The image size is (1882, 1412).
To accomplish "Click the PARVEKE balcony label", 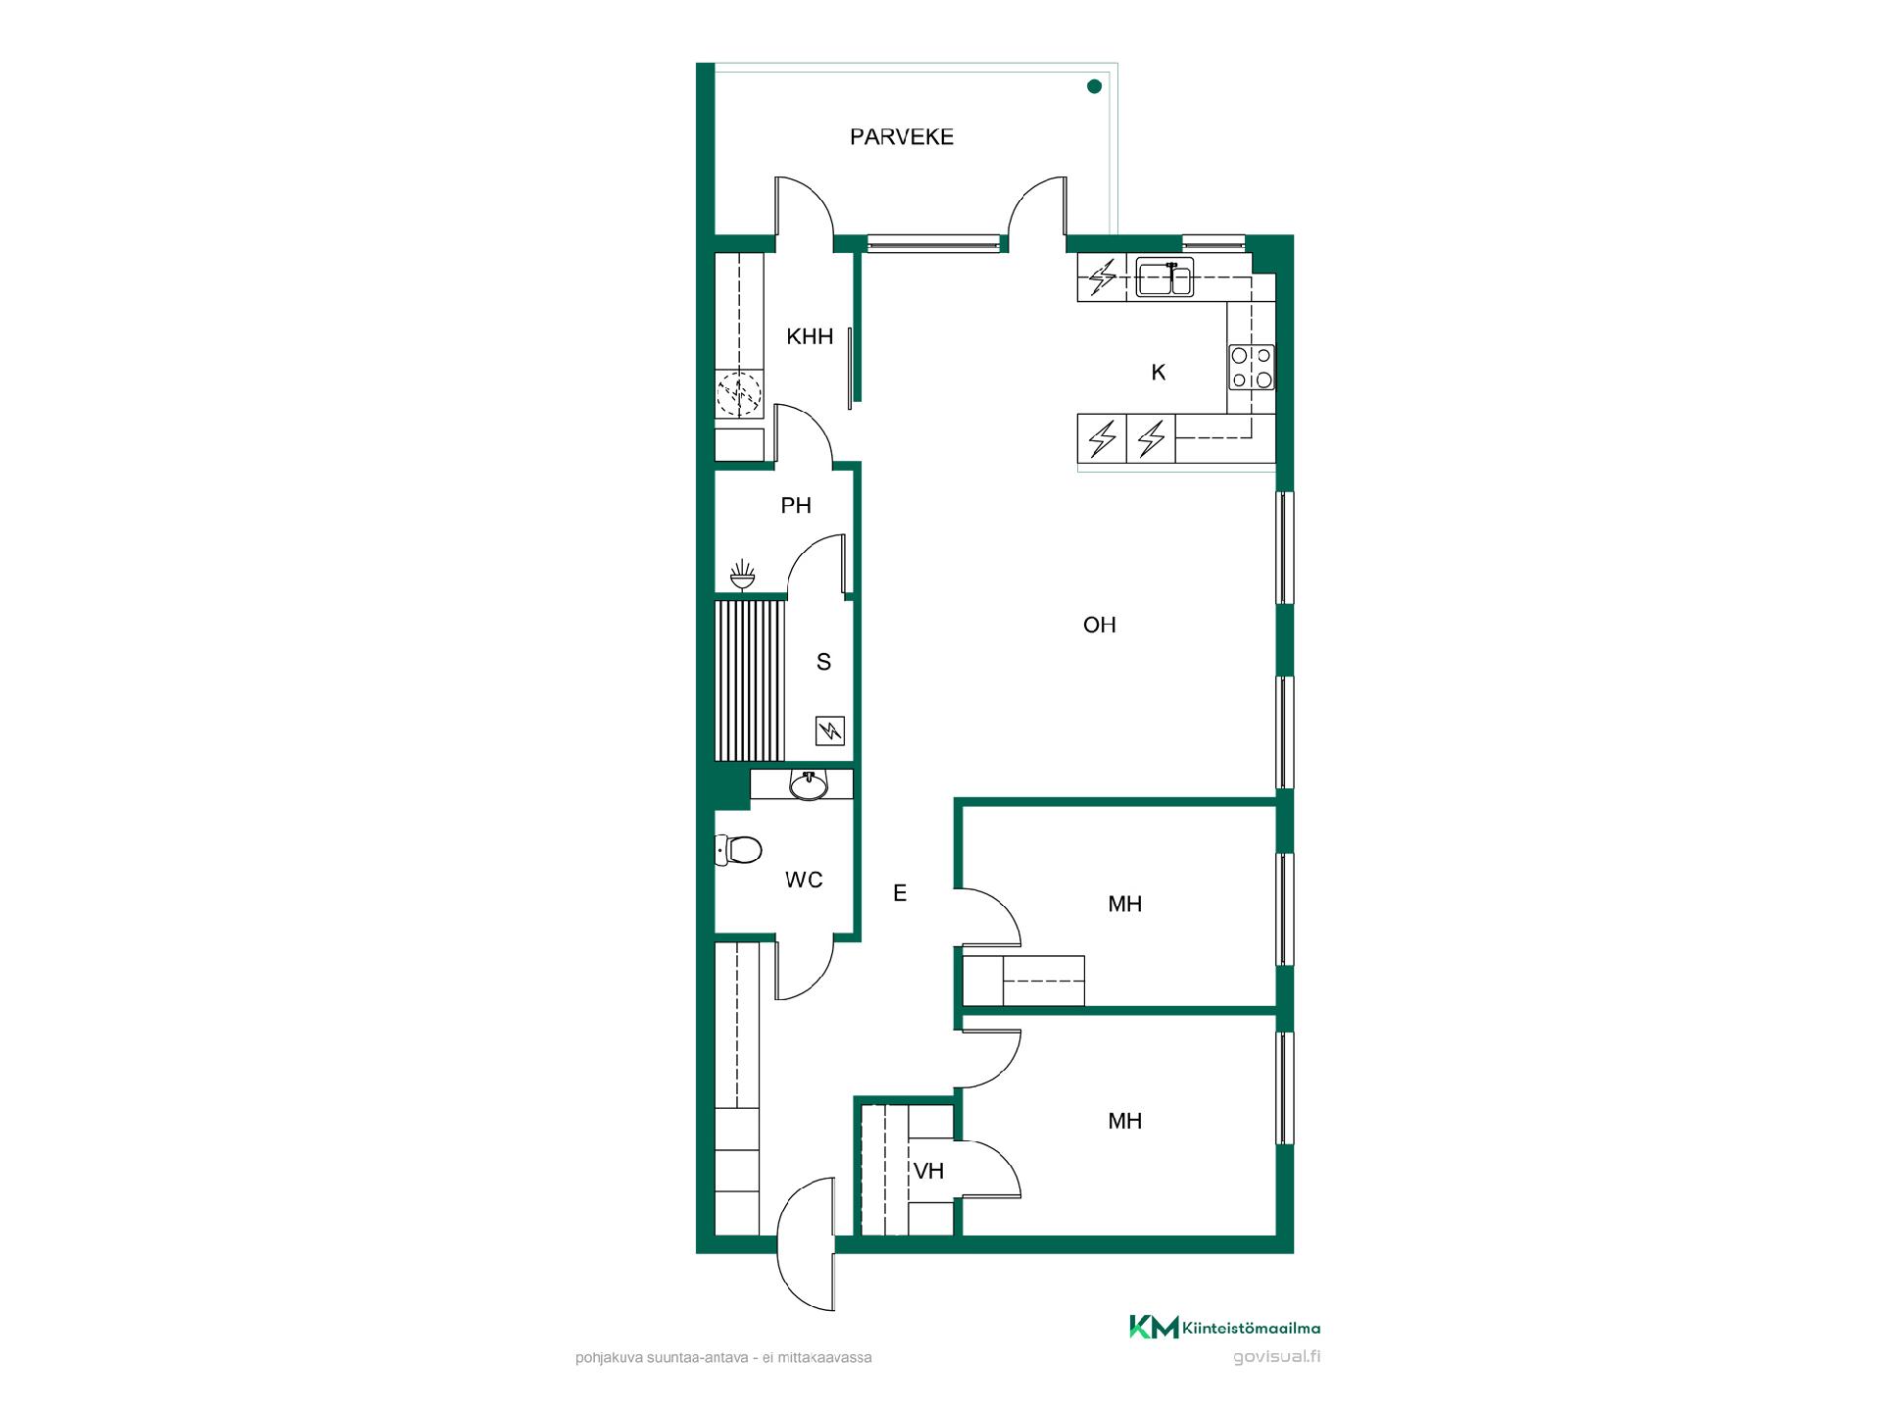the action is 901,137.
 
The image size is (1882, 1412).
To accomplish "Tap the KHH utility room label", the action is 810,337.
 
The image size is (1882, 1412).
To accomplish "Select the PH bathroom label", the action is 796,506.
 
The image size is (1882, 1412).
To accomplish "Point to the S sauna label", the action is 823,663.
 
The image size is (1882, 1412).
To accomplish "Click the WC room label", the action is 804,881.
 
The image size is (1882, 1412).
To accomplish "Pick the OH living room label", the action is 1100,626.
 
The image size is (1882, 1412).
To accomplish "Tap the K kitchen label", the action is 1159,373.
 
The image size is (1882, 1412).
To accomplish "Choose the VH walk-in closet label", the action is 928,1171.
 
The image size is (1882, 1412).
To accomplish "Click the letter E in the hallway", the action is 900,893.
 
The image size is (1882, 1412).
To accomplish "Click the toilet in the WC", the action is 739,850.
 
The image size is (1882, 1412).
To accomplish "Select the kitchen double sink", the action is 1164,278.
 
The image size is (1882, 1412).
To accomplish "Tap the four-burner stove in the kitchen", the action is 1252,368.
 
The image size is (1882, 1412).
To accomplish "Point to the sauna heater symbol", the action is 830,731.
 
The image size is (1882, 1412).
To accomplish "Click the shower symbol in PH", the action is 743,575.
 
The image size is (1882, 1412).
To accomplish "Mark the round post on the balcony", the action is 1094,86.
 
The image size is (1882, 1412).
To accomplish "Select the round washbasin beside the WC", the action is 808,785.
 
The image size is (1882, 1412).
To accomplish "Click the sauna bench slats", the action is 751,681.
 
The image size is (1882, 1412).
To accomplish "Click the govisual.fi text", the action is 1276,1357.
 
